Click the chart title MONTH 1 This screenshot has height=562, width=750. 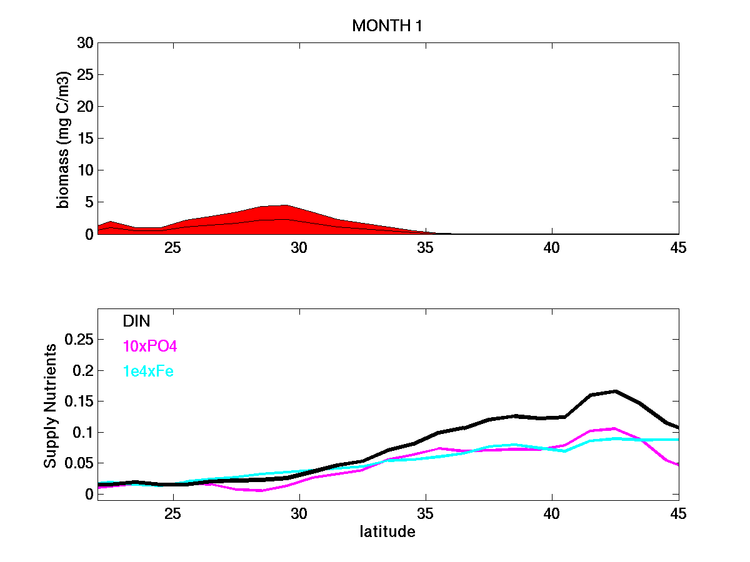click(383, 26)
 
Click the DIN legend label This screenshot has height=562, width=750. click(136, 321)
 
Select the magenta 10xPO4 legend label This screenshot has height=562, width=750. click(150, 347)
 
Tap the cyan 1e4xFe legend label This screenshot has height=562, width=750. click(149, 372)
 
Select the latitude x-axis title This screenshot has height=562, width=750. click(387, 533)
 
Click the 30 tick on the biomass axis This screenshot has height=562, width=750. click(85, 43)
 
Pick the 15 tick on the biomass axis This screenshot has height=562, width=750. click(85, 139)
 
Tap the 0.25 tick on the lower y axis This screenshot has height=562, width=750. click(79, 340)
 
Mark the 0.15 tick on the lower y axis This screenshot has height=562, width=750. click(79, 402)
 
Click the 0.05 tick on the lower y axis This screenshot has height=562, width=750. click(79, 463)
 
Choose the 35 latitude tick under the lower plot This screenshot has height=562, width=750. click(426, 514)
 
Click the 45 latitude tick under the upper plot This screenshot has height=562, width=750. click(678, 248)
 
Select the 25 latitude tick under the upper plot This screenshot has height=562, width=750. click(173, 248)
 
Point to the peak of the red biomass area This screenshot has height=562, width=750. click(286, 205)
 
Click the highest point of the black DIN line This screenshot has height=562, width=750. click(616, 391)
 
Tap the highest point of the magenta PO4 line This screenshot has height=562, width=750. click(615, 428)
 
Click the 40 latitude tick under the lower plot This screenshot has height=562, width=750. click(552, 514)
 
